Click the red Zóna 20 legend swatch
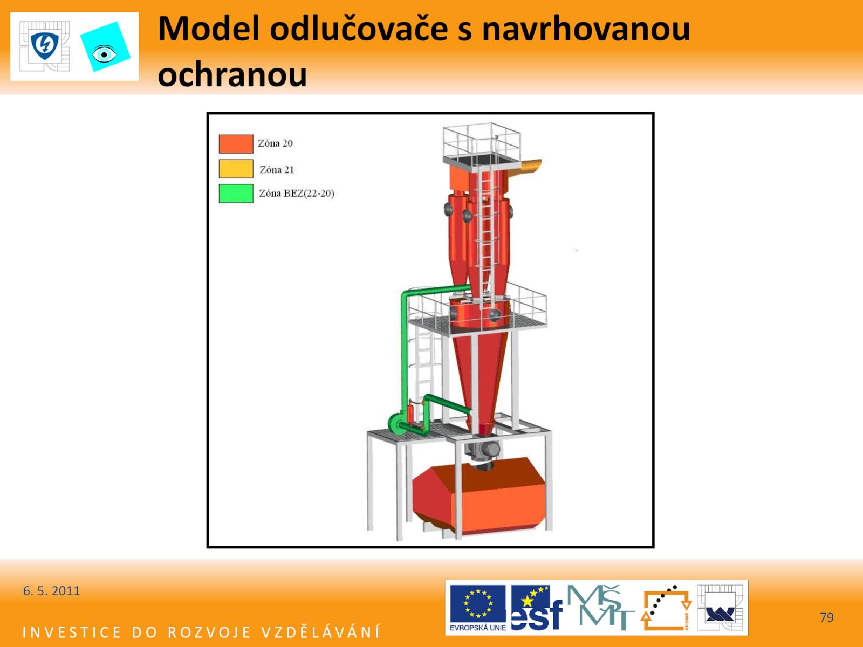point(236,144)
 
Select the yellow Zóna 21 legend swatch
point(236,169)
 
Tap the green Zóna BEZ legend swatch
point(236,193)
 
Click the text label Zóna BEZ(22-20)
point(297,193)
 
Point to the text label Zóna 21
point(277,170)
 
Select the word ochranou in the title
point(232,74)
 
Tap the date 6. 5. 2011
point(51,591)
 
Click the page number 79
point(827,617)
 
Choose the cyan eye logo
point(105,47)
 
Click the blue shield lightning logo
point(45,46)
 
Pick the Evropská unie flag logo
point(478,607)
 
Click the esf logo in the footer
point(537,608)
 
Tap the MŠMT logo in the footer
point(600,607)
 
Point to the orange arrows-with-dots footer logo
point(666,608)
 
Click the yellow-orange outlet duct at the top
point(529,167)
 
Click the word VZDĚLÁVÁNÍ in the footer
point(321,632)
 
